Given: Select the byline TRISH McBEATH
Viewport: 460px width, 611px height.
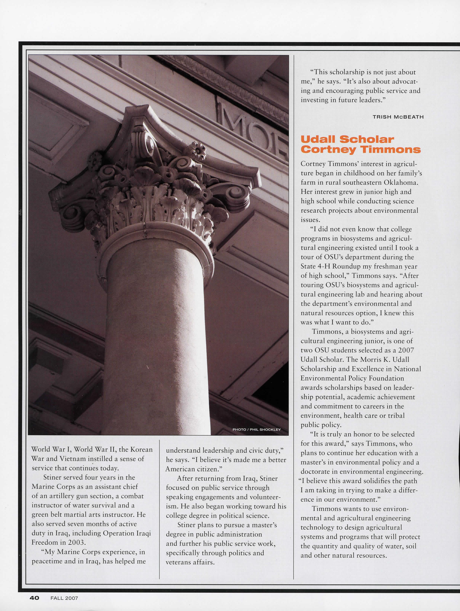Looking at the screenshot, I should point(398,117).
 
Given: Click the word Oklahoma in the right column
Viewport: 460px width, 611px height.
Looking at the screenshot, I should point(403,182).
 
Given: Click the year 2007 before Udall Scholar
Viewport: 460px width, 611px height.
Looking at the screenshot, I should point(406,350).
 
